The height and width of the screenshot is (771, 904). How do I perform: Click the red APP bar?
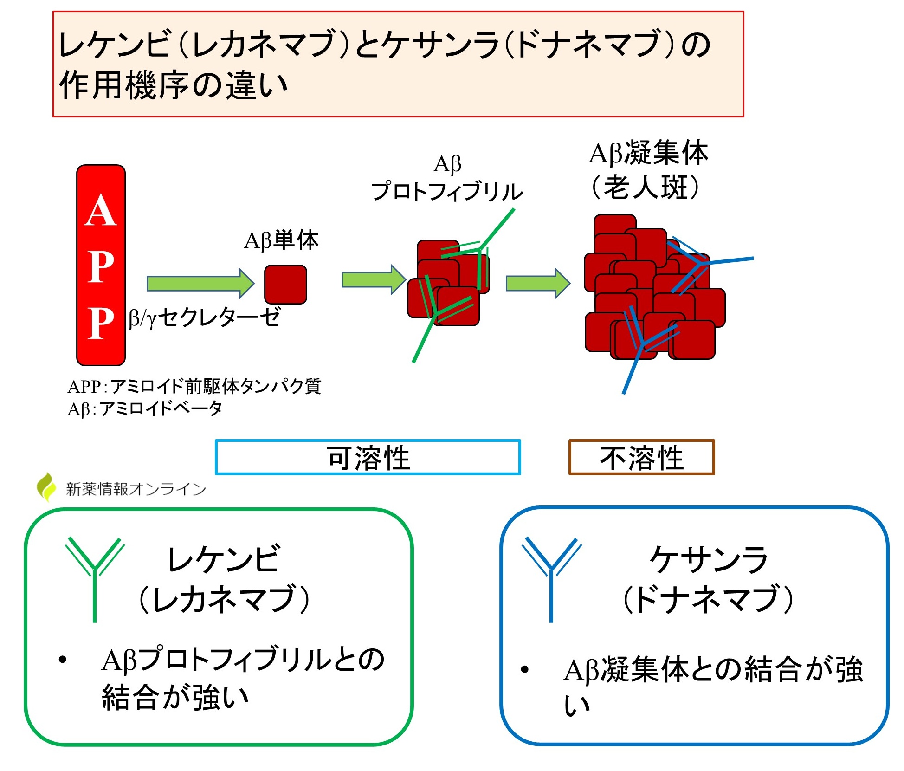point(101,265)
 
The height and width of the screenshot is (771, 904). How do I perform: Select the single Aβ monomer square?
point(285,285)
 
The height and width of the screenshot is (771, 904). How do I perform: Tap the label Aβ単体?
point(281,240)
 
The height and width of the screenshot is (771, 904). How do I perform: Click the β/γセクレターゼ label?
point(205,318)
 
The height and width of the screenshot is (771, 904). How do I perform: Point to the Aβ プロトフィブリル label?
point(447,179)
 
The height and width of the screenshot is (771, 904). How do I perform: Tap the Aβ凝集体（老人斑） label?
point(648,170)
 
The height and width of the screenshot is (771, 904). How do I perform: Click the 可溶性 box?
point(368,458)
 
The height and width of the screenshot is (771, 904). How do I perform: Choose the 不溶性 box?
point(641,458)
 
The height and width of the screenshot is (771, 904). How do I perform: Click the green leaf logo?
point(46,487)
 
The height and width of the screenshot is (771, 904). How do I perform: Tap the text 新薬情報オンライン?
point(136,489)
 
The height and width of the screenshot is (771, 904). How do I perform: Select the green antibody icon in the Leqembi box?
point(95,578)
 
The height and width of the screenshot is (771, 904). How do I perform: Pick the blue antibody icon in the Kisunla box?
point(551,578)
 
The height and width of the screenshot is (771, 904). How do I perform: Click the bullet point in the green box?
point(63,660)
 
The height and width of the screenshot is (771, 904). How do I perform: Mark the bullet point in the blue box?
point(525,669)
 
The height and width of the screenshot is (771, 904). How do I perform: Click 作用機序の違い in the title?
point(174,85)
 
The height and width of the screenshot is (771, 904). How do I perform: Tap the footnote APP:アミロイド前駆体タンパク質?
point(194,386)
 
